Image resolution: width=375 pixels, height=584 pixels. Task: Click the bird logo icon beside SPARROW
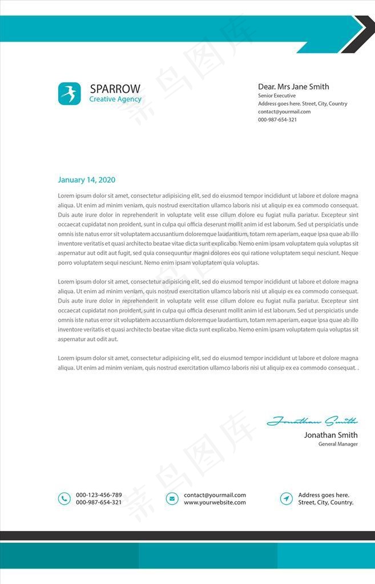click(69, 94)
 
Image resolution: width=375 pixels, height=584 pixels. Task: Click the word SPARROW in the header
click(115, 89)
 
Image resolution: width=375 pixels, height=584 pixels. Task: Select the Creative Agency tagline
click(115, 99)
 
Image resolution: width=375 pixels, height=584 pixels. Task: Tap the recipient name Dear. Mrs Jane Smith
click(293, 87)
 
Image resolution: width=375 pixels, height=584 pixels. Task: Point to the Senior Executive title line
click(277, 96)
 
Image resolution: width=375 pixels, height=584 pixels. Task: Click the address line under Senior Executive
click(303, 104)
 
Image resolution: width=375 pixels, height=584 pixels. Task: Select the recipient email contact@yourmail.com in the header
click(284, 112)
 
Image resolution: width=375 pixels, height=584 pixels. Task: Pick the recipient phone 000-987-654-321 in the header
click(277, 120)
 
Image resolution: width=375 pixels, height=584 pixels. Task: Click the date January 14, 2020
click(86, 180)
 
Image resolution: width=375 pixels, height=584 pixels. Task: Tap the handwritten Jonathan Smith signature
click(312, 421)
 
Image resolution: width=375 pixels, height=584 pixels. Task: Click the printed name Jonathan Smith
click(330, 435)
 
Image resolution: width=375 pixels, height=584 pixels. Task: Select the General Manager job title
click(338, 444)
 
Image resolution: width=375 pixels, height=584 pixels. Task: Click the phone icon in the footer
click(64, 498)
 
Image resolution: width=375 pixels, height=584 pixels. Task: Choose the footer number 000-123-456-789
click(99, 495)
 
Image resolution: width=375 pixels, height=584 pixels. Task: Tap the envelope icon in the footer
click(172, 498)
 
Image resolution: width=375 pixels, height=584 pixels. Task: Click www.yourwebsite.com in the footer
click(215, 502)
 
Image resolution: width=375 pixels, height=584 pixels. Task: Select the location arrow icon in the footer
click(287, 498)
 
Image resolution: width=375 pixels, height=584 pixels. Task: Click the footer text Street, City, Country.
click(326, 502)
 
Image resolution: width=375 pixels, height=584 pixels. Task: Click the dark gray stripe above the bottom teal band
click(187, 536)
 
